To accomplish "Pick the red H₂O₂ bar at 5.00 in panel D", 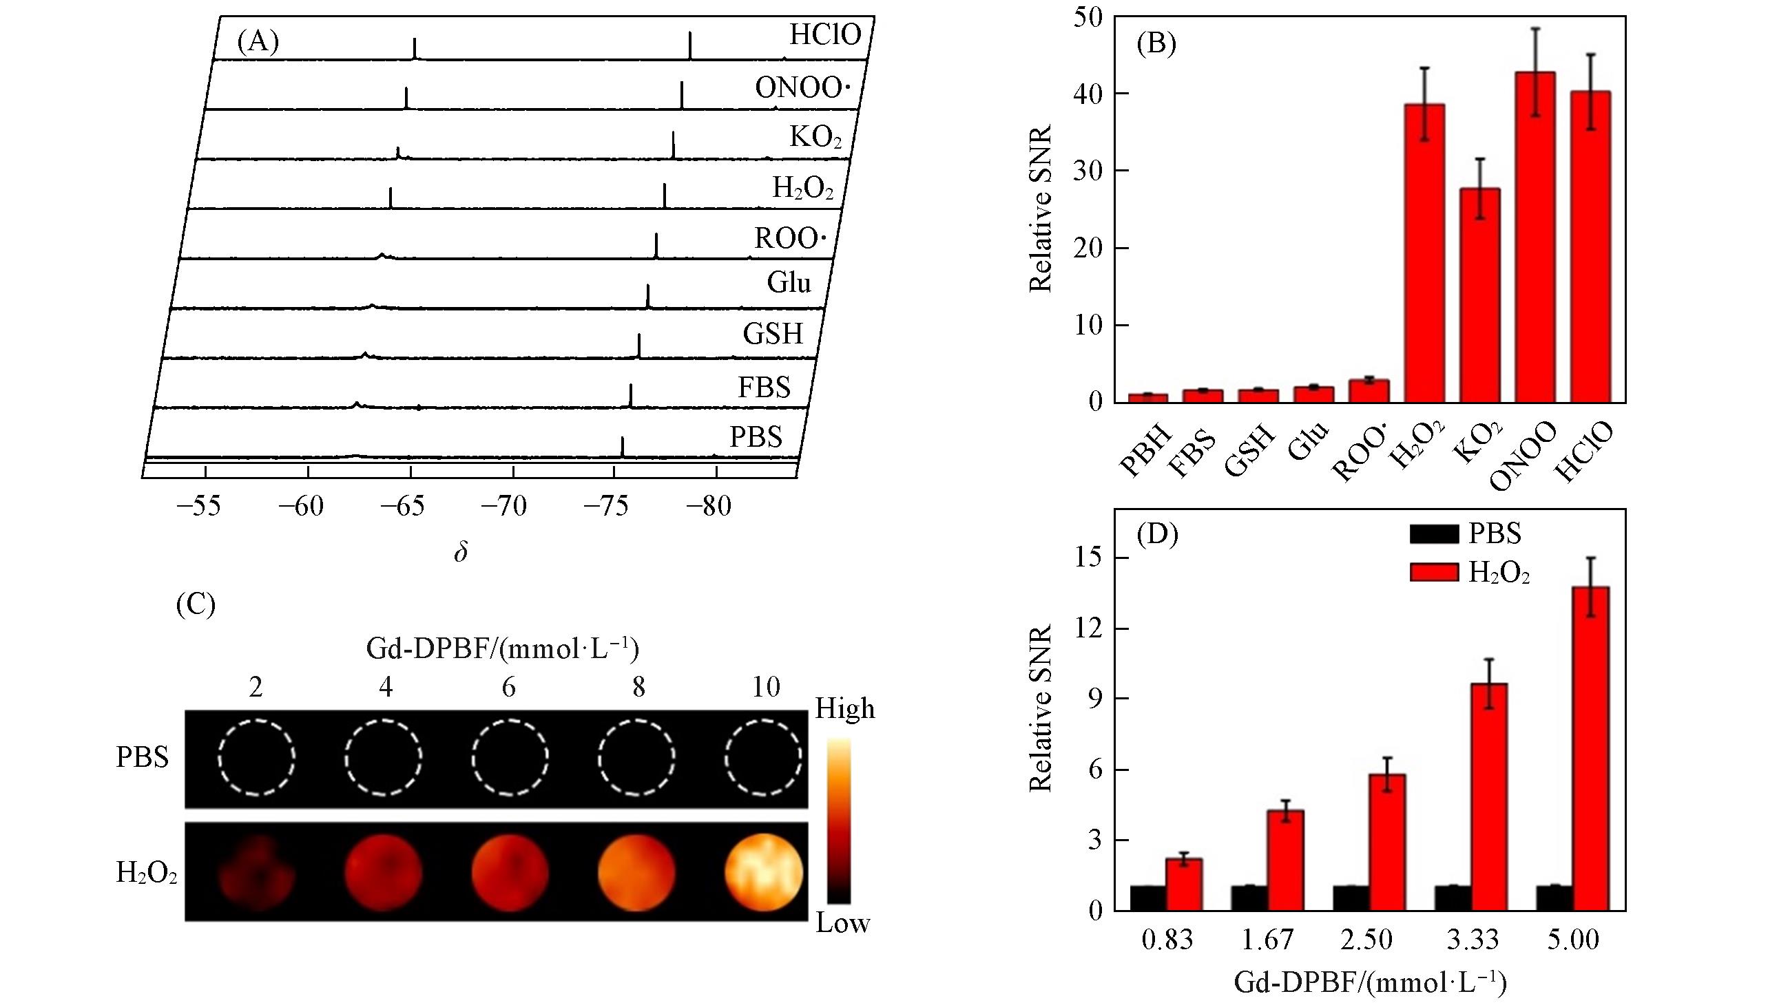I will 1590,748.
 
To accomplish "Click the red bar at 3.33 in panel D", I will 1489,796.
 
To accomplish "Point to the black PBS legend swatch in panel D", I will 1434,533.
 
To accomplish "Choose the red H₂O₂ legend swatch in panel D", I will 1434,572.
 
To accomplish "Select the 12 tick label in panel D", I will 1089,628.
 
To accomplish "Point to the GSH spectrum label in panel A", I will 773,335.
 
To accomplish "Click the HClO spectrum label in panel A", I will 825,34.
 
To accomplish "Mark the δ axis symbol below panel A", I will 461,552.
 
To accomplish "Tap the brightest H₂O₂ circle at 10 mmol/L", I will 764,871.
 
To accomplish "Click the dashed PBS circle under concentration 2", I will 256,757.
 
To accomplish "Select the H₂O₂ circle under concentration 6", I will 510,871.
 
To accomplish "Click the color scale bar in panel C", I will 839,821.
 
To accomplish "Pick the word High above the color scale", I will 844,709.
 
